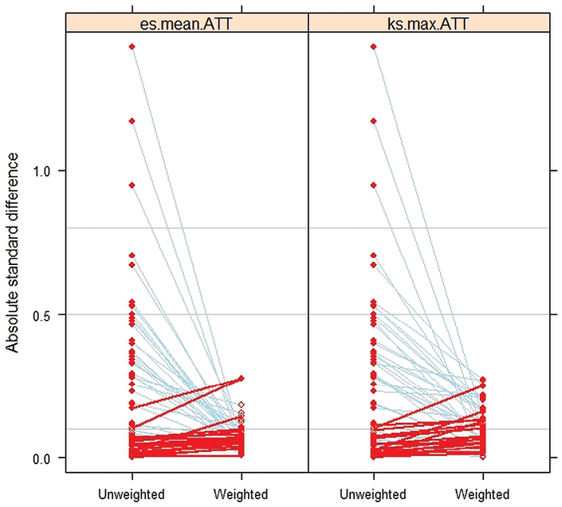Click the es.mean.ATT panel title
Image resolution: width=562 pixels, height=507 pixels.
(x=186, y=24)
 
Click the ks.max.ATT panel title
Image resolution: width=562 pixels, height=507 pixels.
(x=428, y=24)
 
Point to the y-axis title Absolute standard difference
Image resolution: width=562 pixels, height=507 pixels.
(x=13, y=252)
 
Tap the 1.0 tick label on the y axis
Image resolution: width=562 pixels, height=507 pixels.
(x=41, y=171)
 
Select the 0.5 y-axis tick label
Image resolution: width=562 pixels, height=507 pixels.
(x=41, y=315)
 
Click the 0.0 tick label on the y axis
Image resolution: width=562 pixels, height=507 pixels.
(x=41, y=458)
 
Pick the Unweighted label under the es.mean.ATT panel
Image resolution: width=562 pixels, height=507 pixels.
(x=132, y=494)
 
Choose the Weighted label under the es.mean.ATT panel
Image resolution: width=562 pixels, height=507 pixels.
(x=241, y=494)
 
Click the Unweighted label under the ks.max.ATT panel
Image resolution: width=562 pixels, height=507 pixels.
(x=373, y=494)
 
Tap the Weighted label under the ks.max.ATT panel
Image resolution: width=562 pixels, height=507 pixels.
(x=482, y=494)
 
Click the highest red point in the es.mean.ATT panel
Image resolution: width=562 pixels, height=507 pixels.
(x=132, y=46)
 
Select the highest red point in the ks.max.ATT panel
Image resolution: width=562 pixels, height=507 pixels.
(x=374, y=46)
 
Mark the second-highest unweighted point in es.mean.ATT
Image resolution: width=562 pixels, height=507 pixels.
(x=132, y=121)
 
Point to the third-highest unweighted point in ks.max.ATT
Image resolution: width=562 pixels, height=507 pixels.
(x=374, y=185)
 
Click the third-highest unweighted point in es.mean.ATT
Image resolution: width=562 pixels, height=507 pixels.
(x=132, y=185)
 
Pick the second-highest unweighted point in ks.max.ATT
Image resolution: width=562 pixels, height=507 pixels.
(x=374, y=121)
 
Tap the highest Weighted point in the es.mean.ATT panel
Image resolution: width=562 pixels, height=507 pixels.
(x=242, y=378)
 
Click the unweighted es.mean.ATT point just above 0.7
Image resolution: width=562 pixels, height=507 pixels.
(x=132, y=255)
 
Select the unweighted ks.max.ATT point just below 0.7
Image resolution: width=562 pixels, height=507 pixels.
(x=374, y=265)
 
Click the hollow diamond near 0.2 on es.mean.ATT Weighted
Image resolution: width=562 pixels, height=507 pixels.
(x=242, y=404)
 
